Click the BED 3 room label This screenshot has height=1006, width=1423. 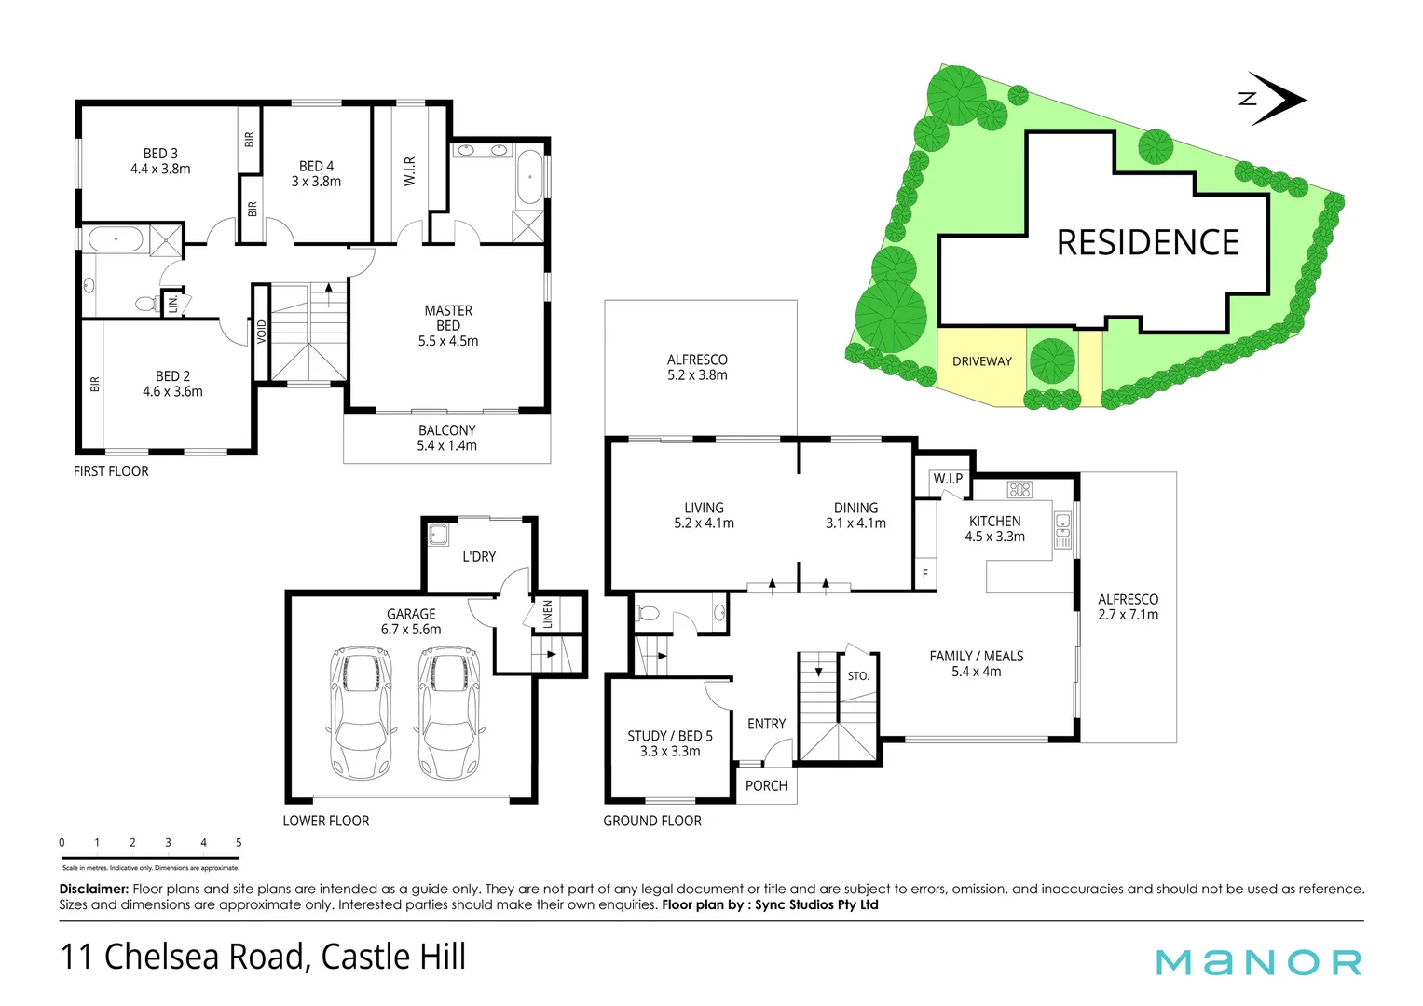pos(160,154)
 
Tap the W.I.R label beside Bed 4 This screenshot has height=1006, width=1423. pos(409,171)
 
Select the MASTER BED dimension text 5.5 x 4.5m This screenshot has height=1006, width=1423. pos(448,342)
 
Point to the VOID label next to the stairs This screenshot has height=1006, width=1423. pos(262,332)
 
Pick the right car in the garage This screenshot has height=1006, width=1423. pos(448,713)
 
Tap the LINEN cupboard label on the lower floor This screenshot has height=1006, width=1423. pos(548,615)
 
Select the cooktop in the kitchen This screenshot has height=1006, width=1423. pos(1019,489)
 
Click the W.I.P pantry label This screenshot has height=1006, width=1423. pos(948,479)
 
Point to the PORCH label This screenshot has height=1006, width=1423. pos(766,786)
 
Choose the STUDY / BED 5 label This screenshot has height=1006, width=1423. pos(670,736)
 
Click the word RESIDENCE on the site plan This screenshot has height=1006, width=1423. pos(1147,243)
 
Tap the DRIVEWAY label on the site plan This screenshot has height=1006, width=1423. pos(981,361)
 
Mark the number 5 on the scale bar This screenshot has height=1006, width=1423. pos(239,842)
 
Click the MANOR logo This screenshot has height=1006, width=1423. pos(1258,962)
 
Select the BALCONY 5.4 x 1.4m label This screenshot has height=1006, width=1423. pos(446,438)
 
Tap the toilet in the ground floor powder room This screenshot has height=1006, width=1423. pos(648,613)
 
